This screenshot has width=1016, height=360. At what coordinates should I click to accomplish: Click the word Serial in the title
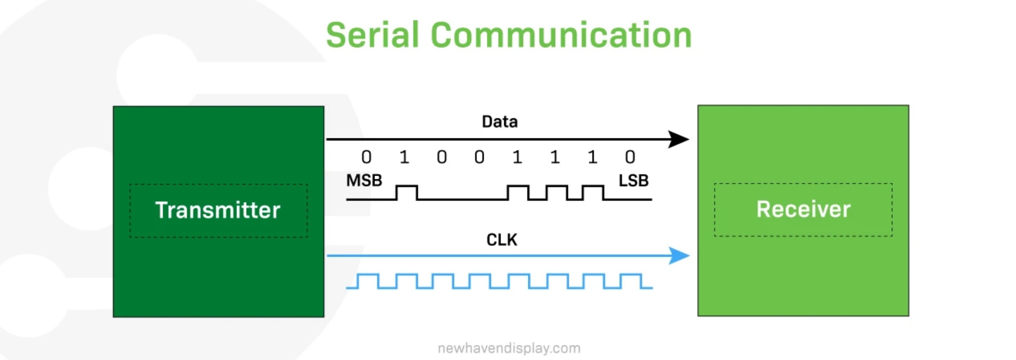click(x=372, y=35)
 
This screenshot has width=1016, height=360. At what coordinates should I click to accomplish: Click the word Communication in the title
click(x=561, y=35)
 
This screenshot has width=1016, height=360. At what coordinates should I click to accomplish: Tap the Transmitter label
click(x=218, y=210)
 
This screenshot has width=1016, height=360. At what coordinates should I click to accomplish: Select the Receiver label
click(x=803, y=209)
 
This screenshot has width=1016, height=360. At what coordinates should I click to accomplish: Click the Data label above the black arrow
click(x=500, y=122)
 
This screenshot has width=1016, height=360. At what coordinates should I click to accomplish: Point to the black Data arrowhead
click(x=678, y=139)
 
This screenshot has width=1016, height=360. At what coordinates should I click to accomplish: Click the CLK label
click(x=501, y=239)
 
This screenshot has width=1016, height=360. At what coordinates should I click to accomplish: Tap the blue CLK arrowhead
click(x=679, y=256)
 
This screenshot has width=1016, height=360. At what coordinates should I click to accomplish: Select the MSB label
click(x=364, y=181)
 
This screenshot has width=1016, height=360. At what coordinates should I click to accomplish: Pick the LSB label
click(x=633, y=181)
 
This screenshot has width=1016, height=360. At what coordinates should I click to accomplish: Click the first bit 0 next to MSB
click(x=366, y=157)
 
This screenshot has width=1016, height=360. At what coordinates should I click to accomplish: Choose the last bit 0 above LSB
click(x=630, y=157)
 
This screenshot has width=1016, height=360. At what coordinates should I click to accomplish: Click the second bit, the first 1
click(x=404, y=157)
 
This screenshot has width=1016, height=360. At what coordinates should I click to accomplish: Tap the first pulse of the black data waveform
click(x=407, y=186)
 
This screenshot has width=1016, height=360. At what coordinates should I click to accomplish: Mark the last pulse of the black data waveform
click(x=593, y=186)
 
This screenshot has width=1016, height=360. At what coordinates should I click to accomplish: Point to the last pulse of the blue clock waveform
click(x=631, y=274)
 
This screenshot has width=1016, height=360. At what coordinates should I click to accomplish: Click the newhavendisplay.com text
click(x=509, y=348)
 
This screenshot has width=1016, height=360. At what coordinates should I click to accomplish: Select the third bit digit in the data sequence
click(x=442, y=157)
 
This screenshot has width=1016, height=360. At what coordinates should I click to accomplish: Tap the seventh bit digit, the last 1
click(x=592, y=157)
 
